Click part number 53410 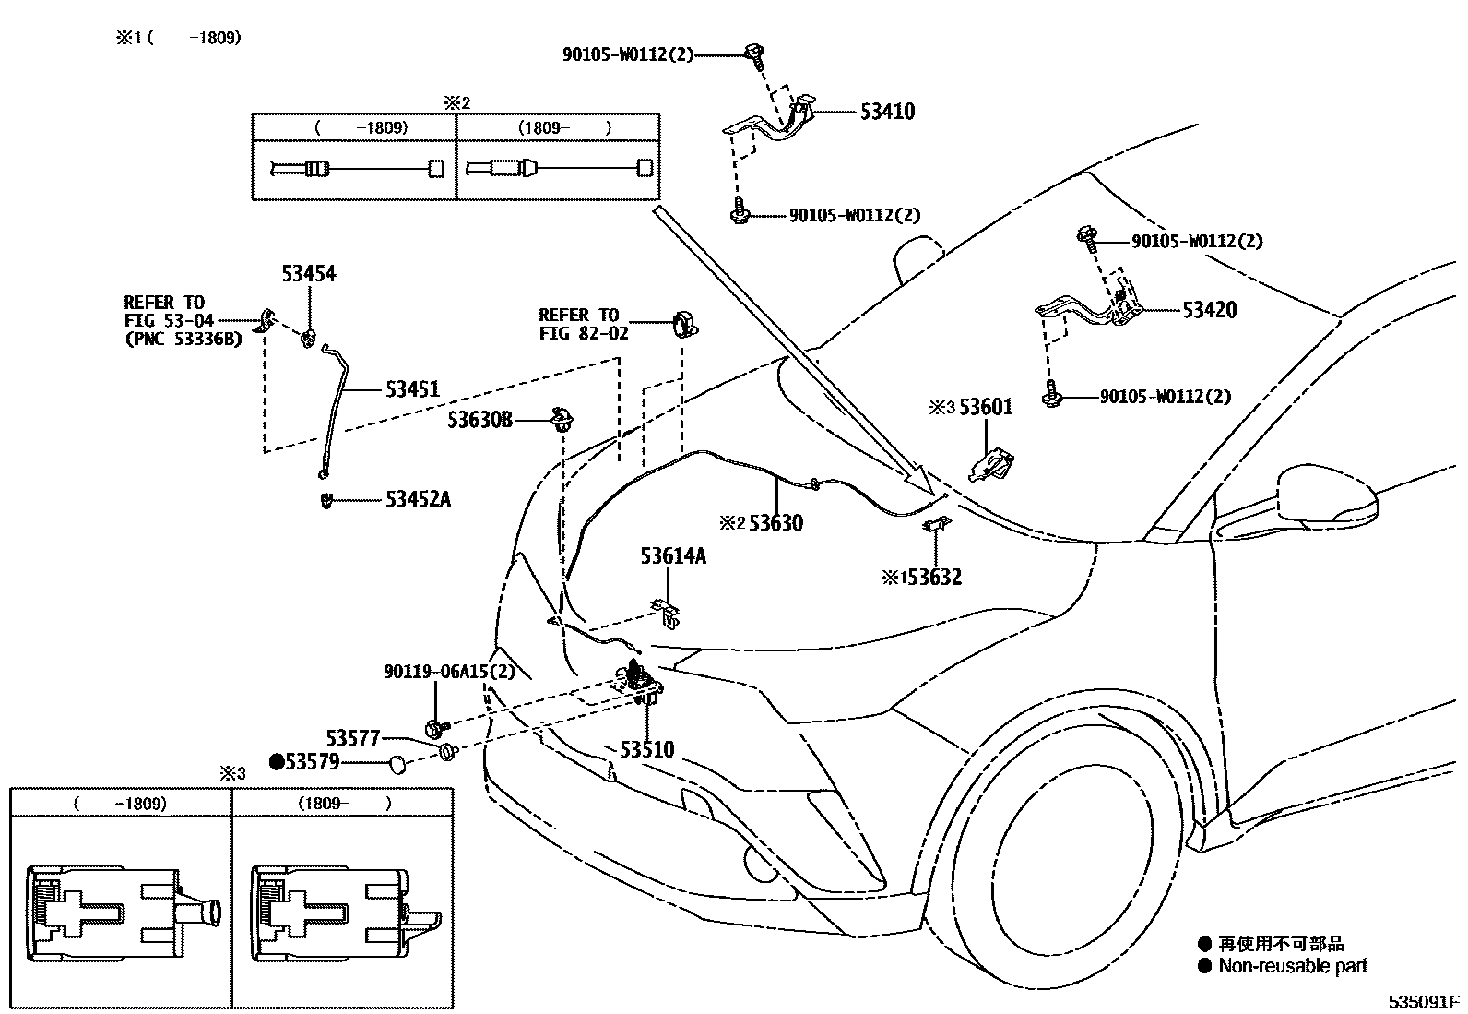click(x=887, y=112)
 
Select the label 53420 click(x=1209, y=310)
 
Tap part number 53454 click(x=309, y=274)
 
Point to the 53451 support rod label click(x=412, y=389)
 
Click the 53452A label click(x=418, y=500)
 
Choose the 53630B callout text click(x=479, y=421)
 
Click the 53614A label click(x=673, y=556)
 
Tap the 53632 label click(x=933, y=578)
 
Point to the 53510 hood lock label click(x=646, y=750)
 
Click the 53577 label click(x=353, y=738)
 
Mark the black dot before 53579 click(x=276, y=762)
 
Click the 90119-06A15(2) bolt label click(x=449, y=672)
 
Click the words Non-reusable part click(x=1293, y=966)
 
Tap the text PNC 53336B click(x=183, y=339)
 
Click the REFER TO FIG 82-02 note click(x=583, y=324)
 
